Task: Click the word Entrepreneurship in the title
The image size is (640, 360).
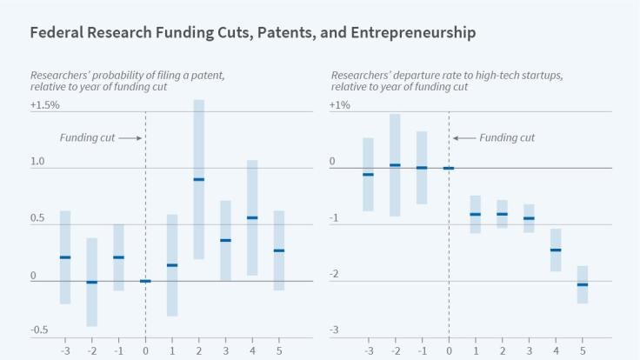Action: (x=416, y=34)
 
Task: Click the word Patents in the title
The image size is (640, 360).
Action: (x=280, y=34)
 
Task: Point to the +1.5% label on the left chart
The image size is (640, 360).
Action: (x=44, y=105)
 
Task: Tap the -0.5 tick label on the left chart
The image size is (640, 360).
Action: (x=39, y=330)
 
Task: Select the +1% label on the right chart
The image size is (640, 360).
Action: (x=339, y=105)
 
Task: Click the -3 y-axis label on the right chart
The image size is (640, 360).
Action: (x=333, y=330)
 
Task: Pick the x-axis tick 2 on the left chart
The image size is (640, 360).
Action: (x=199, y=351)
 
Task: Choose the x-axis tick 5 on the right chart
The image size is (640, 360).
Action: (x=583, y=351)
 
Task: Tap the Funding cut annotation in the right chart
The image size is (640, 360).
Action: (x=507, y=137)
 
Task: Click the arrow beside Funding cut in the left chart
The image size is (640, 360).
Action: (x=129, y=137)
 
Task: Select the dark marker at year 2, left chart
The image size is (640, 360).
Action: (x=199, y=179)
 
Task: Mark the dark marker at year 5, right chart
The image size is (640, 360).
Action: (x=583, y=284)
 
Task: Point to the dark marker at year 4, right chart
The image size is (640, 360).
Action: (x=556, y=250)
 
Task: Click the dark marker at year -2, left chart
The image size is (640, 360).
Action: (x=91, y=283)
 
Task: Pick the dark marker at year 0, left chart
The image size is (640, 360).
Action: (x=145, y=281)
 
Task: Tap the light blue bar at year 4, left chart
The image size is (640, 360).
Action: (x=252, y=217)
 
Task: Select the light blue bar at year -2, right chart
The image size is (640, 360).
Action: (x=396, y=165)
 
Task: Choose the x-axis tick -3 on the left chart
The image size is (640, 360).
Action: (x=64, y=351)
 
